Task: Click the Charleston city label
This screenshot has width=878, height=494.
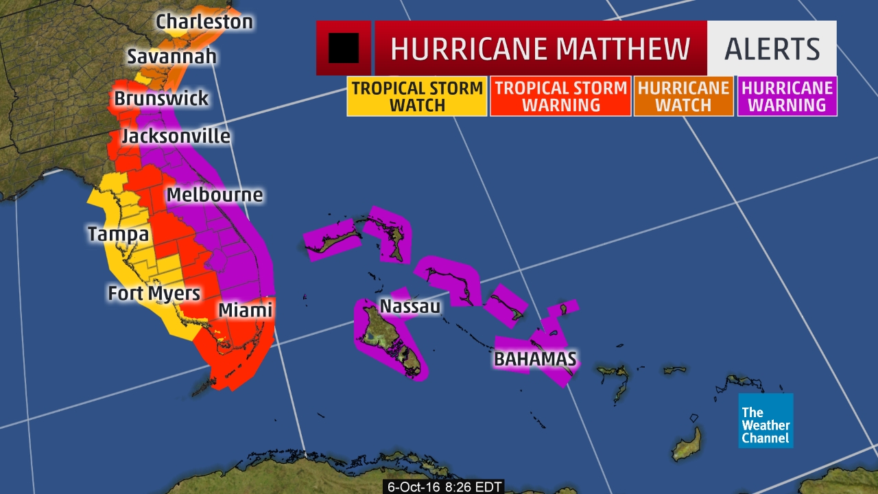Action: point(204,22)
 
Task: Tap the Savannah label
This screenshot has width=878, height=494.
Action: point(171,56)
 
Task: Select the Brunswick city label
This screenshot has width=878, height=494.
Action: point(161,98)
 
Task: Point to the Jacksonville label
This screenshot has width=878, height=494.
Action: point(176,136)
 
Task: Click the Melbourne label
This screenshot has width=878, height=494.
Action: point(215,194)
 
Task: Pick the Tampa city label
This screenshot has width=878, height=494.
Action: point(118,235)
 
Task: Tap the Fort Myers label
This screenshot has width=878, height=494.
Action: point(154,294)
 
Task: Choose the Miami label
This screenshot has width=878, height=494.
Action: point(245,310)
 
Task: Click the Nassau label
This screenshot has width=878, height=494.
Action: point(410,306)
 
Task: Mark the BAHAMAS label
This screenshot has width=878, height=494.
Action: point(535,358)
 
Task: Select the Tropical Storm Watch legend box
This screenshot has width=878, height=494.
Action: point(417,97)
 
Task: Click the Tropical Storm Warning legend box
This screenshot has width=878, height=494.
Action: point(560,97)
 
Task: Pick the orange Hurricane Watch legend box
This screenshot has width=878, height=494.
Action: point(683,97)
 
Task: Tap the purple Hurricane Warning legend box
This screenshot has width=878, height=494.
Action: point(787,97)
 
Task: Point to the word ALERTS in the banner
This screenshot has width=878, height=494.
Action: point(772,49)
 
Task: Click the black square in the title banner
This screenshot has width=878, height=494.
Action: point(343,48)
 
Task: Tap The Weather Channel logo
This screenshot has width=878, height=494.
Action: point(766,421)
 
